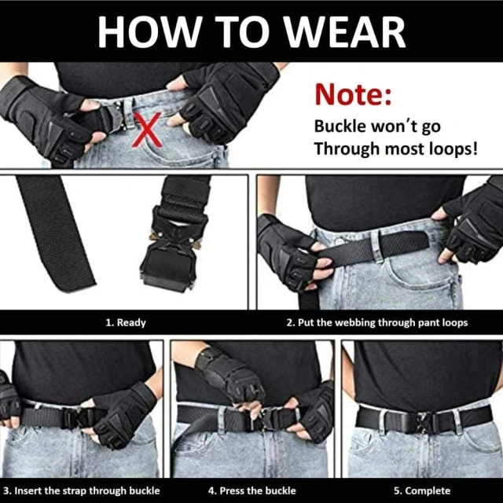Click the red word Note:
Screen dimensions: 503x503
pos(353,95)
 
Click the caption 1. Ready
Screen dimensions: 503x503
pos(126,322)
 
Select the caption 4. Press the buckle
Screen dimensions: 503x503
pos(251,490)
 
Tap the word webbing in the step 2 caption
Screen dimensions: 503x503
pos(373,322)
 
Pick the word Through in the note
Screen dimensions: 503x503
pos(346,147)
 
